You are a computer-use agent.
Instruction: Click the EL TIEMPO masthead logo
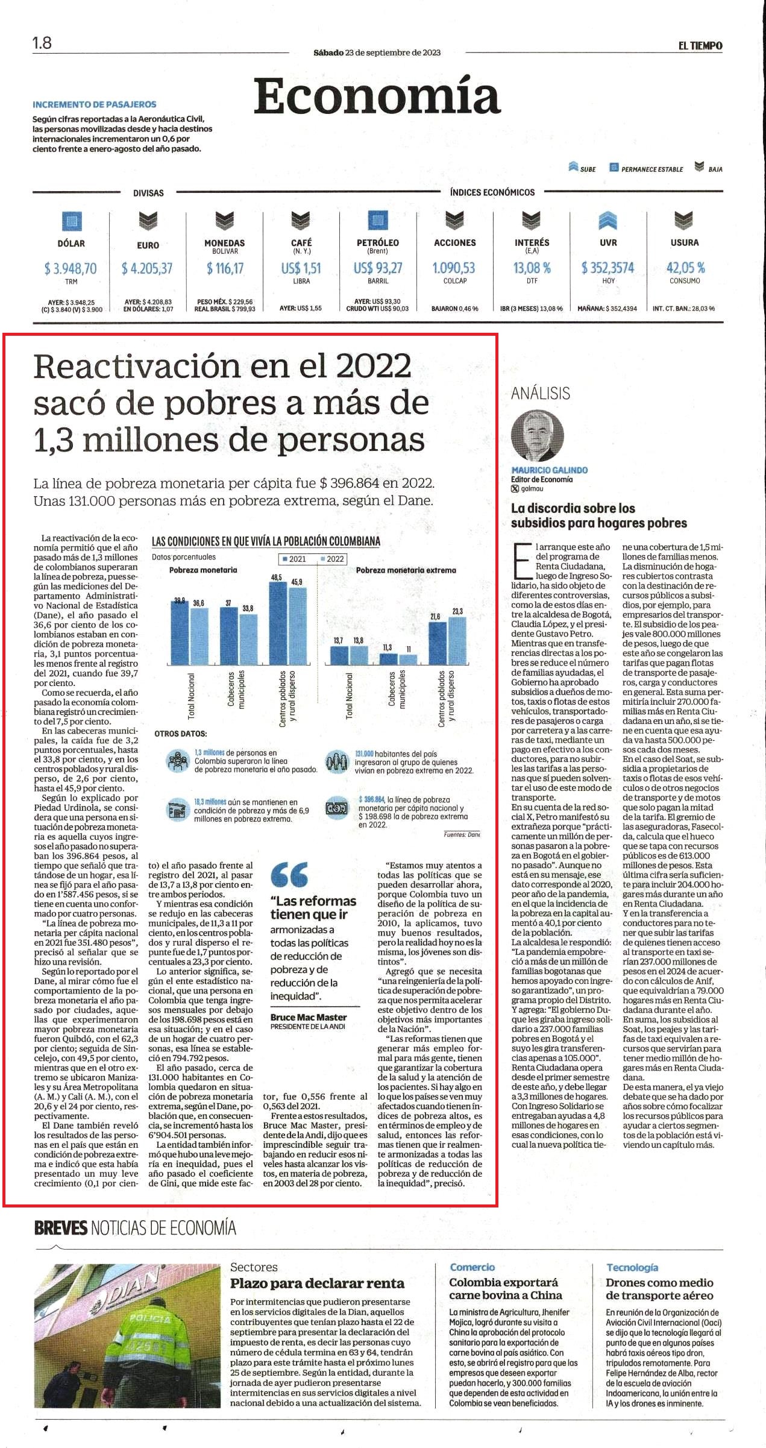(x=700, y=46)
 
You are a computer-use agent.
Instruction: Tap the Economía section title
(x=377, y=96)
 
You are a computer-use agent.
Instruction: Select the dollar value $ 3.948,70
(x=71, y=268)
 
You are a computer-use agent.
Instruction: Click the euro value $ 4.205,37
(x=147, y=268)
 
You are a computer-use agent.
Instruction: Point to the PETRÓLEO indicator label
(x=378, y=242)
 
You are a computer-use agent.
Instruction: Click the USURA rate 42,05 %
(x=685, y=268)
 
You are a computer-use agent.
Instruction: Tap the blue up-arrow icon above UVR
(x=608, y=222)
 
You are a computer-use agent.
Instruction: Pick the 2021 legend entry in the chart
(x=294, y=559)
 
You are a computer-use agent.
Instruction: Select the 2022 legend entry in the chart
(x=331, y=559)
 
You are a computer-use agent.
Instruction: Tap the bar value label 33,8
(x=248, y=608)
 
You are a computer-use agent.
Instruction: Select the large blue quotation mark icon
(x=289, y=874)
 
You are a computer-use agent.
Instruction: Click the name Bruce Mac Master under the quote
(x=309, y=1017)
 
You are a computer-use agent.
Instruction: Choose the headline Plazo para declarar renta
(x=317, y=1283)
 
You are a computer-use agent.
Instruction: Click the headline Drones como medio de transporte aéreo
(x=659, y=1288)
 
